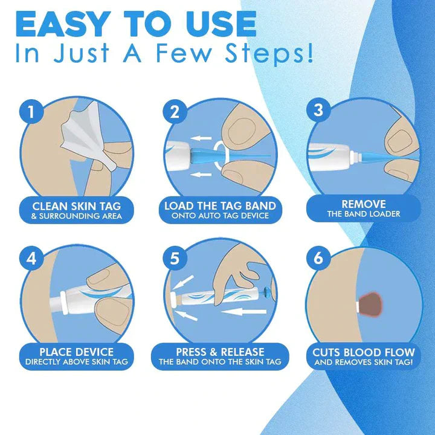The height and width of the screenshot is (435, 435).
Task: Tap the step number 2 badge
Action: [x=175, y=112]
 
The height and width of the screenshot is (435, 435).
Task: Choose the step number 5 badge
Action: [x=175, y=259]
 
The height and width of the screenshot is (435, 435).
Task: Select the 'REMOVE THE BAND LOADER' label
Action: [x=363, y=208]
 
